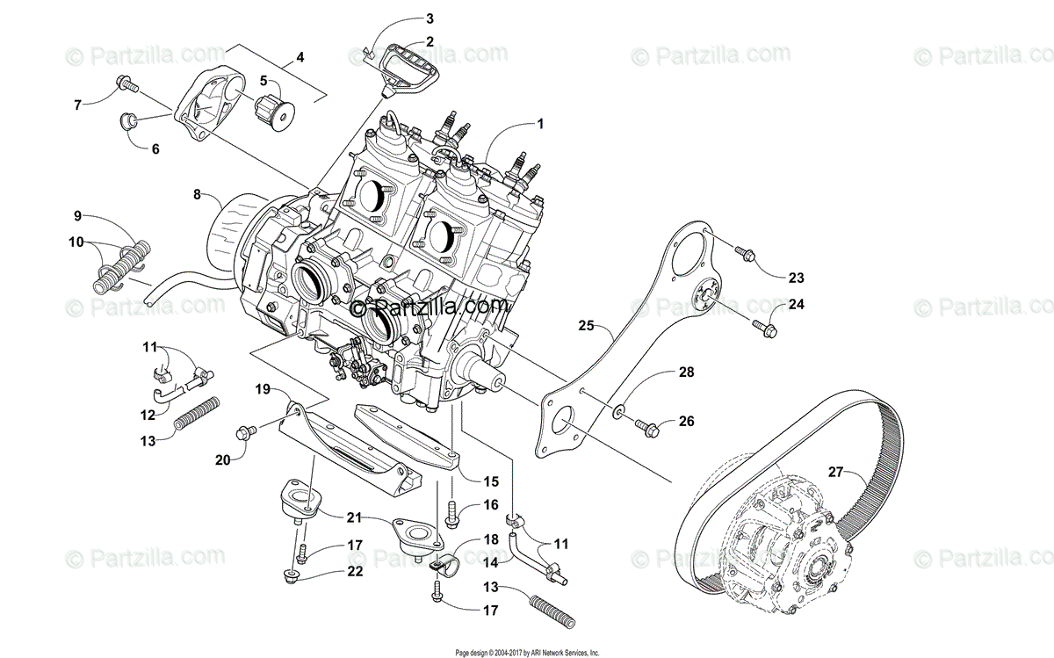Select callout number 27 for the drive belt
point(835,472)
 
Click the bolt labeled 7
point(126,86)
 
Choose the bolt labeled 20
point(245,432)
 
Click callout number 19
point(263,387)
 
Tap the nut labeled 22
point(290,577)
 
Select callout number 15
point(490,481)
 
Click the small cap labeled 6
point(127,121)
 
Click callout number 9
point(77,215)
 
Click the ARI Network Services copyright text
point(527,653)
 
